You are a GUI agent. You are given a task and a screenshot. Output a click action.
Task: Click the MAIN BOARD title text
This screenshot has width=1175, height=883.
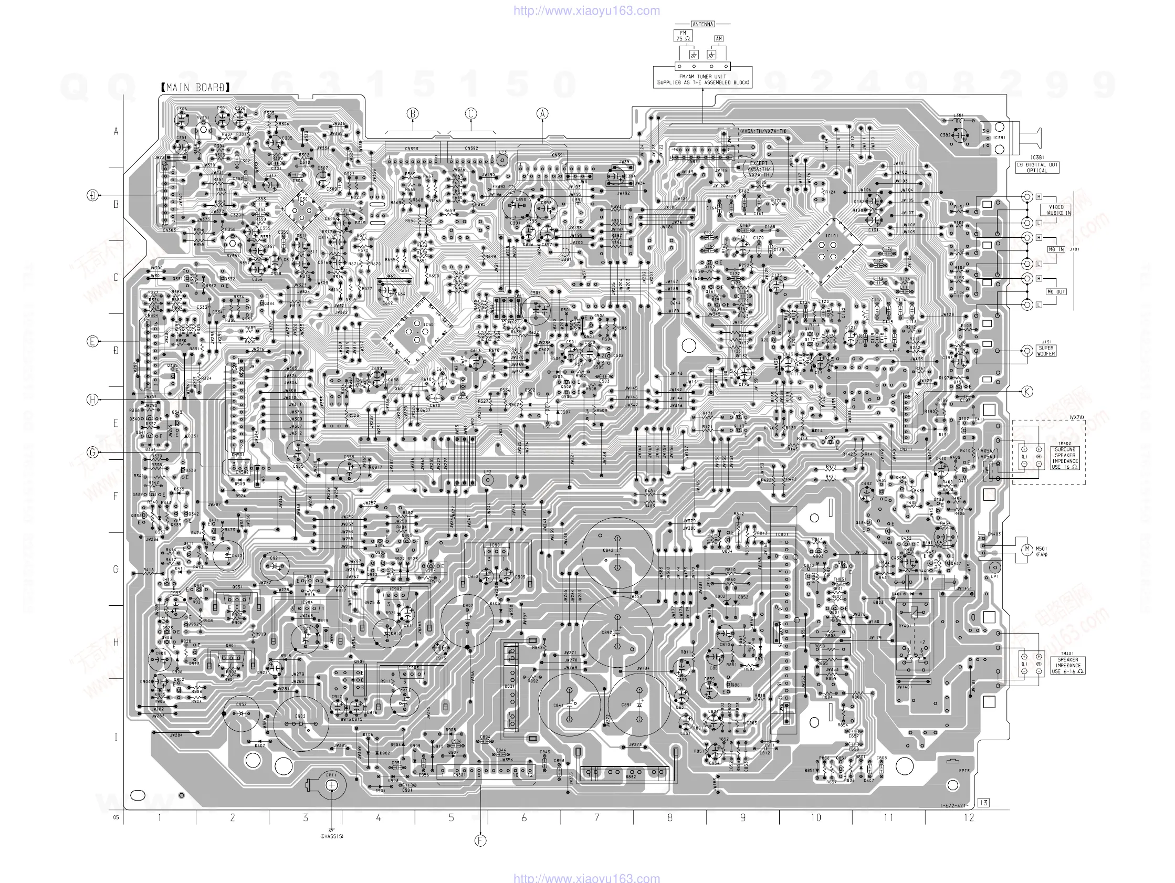point(195,88)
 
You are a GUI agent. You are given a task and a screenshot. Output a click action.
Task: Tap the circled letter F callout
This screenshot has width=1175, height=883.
point(480,840)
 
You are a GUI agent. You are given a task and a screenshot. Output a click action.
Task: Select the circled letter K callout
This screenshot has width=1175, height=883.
point(1027,392)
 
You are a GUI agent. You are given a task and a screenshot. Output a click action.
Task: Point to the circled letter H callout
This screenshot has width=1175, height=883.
point(92,400)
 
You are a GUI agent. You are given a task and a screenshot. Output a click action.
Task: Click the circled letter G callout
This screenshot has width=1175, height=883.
point(92,453)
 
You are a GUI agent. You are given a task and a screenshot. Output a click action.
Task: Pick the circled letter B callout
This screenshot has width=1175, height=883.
point(413,113)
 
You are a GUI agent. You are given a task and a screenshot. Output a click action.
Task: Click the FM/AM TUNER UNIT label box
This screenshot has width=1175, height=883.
point(702,80)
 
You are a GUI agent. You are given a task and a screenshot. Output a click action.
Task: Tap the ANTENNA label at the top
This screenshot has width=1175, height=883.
point(703,24)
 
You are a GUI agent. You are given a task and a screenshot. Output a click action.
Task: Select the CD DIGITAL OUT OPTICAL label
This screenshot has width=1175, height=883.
point(1037,168)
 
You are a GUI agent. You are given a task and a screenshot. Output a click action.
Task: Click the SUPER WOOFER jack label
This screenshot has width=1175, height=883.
point(1046,351)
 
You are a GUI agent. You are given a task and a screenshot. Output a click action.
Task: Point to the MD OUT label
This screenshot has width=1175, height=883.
point(1056,292)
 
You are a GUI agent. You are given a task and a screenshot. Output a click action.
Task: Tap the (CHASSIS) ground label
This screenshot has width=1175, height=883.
point(331,836)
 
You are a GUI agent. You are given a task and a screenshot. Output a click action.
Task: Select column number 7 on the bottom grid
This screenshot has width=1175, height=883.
point(596,818)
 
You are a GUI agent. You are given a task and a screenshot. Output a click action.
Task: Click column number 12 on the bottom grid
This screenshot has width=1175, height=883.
point(969,818)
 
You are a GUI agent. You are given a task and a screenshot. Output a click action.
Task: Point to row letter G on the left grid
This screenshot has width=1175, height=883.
point(116,569)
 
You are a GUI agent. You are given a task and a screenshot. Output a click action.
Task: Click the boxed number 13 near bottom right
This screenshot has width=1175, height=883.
point(983,803)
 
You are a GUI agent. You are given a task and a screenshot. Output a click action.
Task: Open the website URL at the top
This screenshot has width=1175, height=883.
point(586,10)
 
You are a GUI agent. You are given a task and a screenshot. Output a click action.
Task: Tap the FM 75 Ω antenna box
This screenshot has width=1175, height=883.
point(683,36)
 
